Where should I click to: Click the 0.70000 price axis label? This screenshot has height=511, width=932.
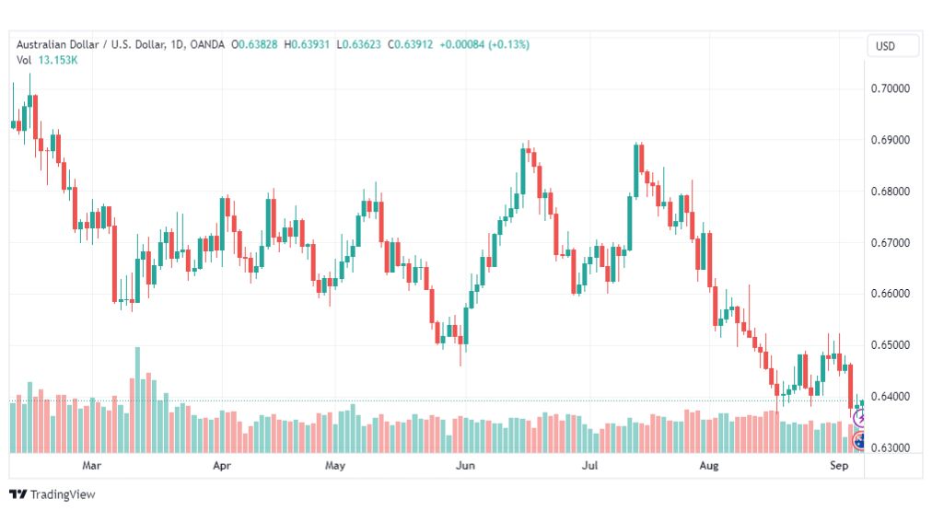tap(890, 88)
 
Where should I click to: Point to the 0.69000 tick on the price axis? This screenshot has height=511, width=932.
tap(890, 140)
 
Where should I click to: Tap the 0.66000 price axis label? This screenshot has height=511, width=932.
tap(890, 294)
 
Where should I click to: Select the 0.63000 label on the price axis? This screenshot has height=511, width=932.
tap(890, 447)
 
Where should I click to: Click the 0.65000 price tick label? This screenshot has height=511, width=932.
tap(890, 344)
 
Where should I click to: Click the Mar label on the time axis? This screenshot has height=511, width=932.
tap(91, 465)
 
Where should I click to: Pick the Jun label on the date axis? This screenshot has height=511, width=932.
tap(465, 465)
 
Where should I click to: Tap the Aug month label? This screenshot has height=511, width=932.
tap(708, 465)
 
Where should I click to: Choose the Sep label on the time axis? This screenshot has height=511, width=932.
tap(839, 465)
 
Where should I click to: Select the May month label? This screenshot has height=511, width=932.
tap(335, 465)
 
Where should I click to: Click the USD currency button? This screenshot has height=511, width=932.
tap(885, 46)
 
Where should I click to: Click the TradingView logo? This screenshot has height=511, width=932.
tap(52, 494)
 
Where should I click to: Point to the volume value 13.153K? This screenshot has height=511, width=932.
tap(58, 60)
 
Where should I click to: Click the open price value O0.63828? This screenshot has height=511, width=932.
tap(254, 44)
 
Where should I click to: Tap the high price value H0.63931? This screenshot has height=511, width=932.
tap(307, 44)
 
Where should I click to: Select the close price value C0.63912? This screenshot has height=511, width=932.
tap(410, 44)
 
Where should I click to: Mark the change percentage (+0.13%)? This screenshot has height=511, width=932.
tap(508, 44)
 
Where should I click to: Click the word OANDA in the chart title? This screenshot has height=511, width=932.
tap(207, 44)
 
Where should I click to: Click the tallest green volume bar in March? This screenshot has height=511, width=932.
tap(138, 400)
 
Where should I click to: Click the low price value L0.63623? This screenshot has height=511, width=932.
tap(358, 44)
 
